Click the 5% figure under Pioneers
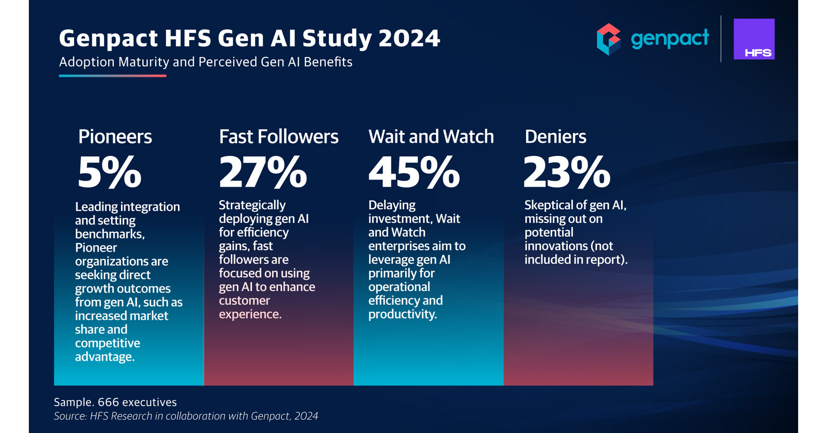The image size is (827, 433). (109, 173)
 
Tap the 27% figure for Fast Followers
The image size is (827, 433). (263, 173)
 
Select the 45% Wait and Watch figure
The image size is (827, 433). (414, 173)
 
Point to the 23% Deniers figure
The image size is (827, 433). (566, 173)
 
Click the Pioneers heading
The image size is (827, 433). (115, 137)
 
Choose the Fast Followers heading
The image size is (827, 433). (279, 137)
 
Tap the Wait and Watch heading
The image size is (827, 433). (431, 137)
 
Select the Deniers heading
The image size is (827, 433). (555, 137)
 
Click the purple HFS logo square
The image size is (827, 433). (754, 39)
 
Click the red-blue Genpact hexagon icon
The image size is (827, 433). (608, 39)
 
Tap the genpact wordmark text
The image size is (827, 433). (669, 39)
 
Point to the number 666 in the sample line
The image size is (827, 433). (107, 402)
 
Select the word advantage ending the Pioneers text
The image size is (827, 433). (104, 357)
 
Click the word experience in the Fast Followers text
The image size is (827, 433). (250, 315)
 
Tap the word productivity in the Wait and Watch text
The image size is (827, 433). (402, 315)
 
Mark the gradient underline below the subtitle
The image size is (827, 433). (112, 76)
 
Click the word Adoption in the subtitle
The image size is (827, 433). (87, 62)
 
